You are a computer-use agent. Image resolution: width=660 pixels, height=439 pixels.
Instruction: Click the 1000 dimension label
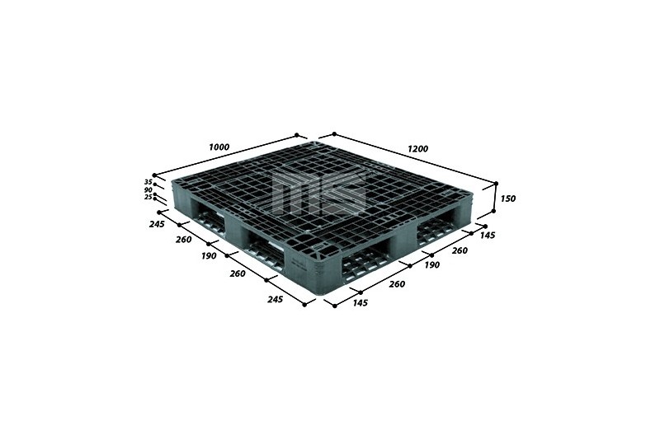coord(219,147)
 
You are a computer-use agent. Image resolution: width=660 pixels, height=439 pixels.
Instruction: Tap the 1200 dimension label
coord(418,148)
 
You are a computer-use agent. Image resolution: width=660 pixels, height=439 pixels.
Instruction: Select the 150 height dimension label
coord(508,198)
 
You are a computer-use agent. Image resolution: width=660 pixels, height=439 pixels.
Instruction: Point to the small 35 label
coord(148,182)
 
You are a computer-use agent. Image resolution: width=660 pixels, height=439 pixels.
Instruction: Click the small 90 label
coord(148,190)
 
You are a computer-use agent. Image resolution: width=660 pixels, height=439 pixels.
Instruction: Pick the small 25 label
coord(148,197)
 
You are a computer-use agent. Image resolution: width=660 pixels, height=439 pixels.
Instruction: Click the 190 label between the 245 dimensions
coord(210,255)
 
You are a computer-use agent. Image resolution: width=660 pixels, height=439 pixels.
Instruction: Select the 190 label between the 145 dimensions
coord(431,264)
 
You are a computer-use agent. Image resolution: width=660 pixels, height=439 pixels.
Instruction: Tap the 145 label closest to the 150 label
coord(488,236)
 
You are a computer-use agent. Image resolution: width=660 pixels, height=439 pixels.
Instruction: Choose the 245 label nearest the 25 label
coord(157,224)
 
